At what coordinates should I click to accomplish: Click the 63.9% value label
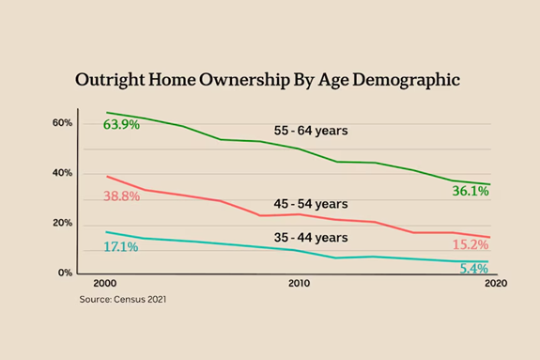click(122, 125)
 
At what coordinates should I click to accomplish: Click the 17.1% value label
click(121, 246)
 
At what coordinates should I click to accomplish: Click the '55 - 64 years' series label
click(311, 132)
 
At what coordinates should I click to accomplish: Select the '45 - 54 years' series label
click(311, 203)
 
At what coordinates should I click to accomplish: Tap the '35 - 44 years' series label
click(311, 239)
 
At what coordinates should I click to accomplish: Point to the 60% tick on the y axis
click(62, 123)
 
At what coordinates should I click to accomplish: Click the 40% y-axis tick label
click(62, 173)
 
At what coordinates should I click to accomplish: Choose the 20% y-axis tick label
click(62, 223)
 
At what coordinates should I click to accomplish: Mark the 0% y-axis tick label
click(65, 273)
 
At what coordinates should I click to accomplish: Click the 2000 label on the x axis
click(106, 283)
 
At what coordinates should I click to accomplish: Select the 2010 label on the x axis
click(299, 283)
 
